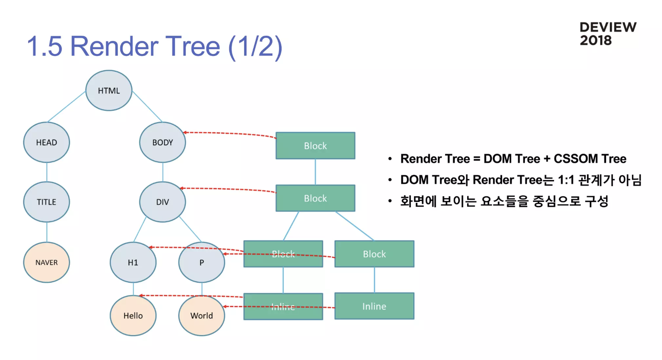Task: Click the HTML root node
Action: click(x=109, y=91)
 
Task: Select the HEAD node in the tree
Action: click(x=46, y=142)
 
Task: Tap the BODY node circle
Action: click(x=162, y=142)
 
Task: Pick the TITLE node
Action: click(x=46, y=202)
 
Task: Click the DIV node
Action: click(x=162, y=202)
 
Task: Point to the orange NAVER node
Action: click(x=46, y=263)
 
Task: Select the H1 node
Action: click(x=133, y=263)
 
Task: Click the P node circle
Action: click(x=202, y=263)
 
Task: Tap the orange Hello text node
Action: click(x=133, y=316)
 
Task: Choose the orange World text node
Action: click(x=202, y=316)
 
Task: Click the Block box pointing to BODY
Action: click(x=315, y=146)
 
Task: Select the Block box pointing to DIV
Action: click(x=315, y=198)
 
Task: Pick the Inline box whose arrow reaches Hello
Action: click(x=283, y=307)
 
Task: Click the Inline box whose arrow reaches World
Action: click(x=374, y=306)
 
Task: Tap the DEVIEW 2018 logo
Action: click(x=608, y=34)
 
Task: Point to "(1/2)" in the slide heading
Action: click(x=256, y=47)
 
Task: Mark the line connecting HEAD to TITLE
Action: click(x=46, y=172)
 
